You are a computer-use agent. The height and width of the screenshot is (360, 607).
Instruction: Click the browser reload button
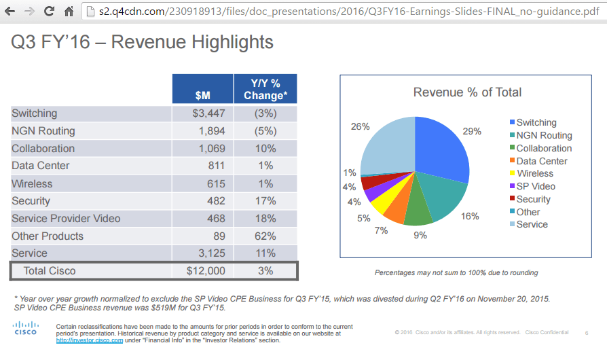[x=50, y=12]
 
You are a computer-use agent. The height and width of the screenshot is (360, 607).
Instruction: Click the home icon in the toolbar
[x=69, y=12]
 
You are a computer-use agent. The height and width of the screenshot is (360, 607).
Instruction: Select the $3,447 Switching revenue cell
[x=209, y=113]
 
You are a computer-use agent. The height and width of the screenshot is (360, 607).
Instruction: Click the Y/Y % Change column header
[x=265, y=89]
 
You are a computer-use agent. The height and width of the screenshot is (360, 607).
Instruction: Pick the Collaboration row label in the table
[x=43, y=149]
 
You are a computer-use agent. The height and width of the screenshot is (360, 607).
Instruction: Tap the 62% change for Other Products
[x=265, y=236]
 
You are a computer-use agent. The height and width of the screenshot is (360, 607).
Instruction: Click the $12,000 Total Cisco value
[x=205, y=271]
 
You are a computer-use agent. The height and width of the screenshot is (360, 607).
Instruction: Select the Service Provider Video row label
[x=66, y=219]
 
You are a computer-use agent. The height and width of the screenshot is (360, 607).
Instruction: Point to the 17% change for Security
[x=265, y=201]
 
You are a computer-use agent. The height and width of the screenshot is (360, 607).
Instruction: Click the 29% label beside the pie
[x=473, y=131]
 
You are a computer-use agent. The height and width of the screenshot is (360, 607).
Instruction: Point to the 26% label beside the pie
[x=361, y=126]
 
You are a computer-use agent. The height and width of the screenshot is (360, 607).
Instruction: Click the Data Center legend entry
[x=541, y=161]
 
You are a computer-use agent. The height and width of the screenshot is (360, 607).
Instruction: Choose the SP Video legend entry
[x=535, y=186]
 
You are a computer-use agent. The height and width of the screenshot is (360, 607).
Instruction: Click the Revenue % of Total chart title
[x=467, y=92]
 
